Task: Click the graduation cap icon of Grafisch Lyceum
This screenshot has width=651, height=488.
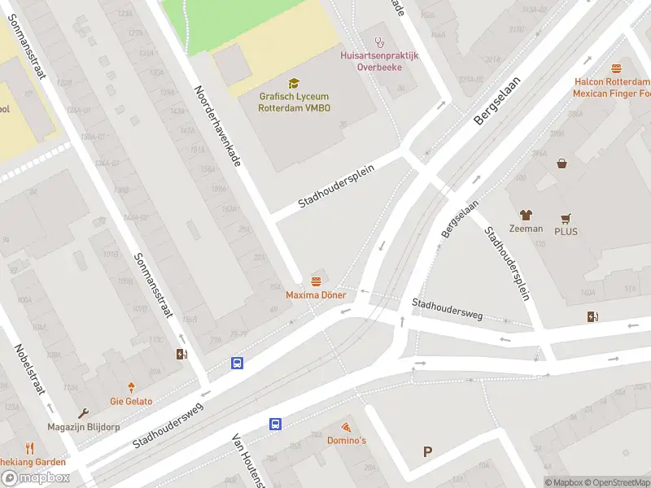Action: [293, 83]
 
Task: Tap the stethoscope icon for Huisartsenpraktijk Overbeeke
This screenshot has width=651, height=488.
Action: [378, 41]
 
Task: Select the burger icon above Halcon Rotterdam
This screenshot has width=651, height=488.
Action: [616, 69]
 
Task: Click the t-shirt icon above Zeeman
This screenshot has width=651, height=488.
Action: [526, 216]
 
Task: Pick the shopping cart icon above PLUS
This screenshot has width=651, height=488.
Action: [566, 219]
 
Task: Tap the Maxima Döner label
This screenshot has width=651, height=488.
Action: [316, 294]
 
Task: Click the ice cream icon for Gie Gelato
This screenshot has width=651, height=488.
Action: [131, 389]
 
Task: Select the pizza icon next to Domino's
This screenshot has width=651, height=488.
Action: [346, 427]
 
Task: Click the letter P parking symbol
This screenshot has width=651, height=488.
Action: [427, 451]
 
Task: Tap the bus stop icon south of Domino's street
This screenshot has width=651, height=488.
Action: [276, 424]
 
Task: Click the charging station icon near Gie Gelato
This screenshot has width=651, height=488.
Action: [181, 354]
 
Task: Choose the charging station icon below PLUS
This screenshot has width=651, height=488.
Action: [592, 316]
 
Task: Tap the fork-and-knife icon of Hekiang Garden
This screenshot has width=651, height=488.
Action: [29, 448]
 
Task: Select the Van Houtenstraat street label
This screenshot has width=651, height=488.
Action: [249, 460]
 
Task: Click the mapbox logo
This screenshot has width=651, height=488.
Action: [36, 478]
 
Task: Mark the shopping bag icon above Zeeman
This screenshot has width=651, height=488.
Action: [561, 163]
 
